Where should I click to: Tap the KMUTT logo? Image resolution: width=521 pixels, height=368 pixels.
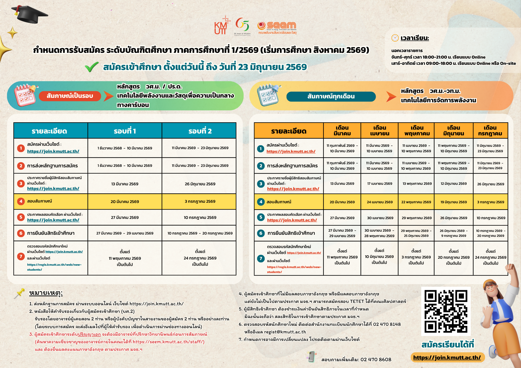tap(221, 26)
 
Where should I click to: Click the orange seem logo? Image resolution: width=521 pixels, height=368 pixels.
tap(277, 28)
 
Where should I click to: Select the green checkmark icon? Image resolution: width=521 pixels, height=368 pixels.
tap(92, 67)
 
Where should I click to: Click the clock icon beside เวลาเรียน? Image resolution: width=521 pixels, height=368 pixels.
tap(395, 38)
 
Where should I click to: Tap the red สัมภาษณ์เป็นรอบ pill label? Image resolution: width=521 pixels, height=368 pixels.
tap(70, 96)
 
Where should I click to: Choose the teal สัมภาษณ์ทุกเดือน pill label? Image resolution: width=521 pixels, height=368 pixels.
tap(331, 97)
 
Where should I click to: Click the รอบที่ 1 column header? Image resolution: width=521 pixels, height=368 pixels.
tap(125, 131)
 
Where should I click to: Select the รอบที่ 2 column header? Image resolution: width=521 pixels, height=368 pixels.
tap(200, 131)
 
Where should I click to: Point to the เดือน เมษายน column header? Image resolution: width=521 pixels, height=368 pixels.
tap(380, 131)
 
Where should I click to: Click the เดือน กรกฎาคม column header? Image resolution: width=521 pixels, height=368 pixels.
tap(490, 131)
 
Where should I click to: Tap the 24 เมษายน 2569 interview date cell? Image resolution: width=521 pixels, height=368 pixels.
tap(380, 202)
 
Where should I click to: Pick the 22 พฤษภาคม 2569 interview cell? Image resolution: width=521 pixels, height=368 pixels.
tap(416, 202)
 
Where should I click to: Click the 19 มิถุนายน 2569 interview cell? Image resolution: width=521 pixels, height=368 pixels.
tap(454, 202)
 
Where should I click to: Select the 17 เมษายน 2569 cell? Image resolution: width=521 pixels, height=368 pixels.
tap(380, 184)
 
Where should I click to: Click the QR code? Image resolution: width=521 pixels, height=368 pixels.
tap(446, 311)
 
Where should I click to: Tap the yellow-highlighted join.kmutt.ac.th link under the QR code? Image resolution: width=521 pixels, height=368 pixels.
tap(447, 358)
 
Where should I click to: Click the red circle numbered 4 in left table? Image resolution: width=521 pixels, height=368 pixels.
tap(21, 201)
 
